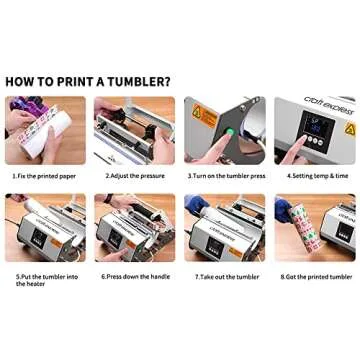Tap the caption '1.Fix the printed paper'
(45, 176)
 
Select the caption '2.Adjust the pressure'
(134, 176)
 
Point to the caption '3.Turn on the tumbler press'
(225, 176)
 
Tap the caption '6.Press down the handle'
(134, 277)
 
